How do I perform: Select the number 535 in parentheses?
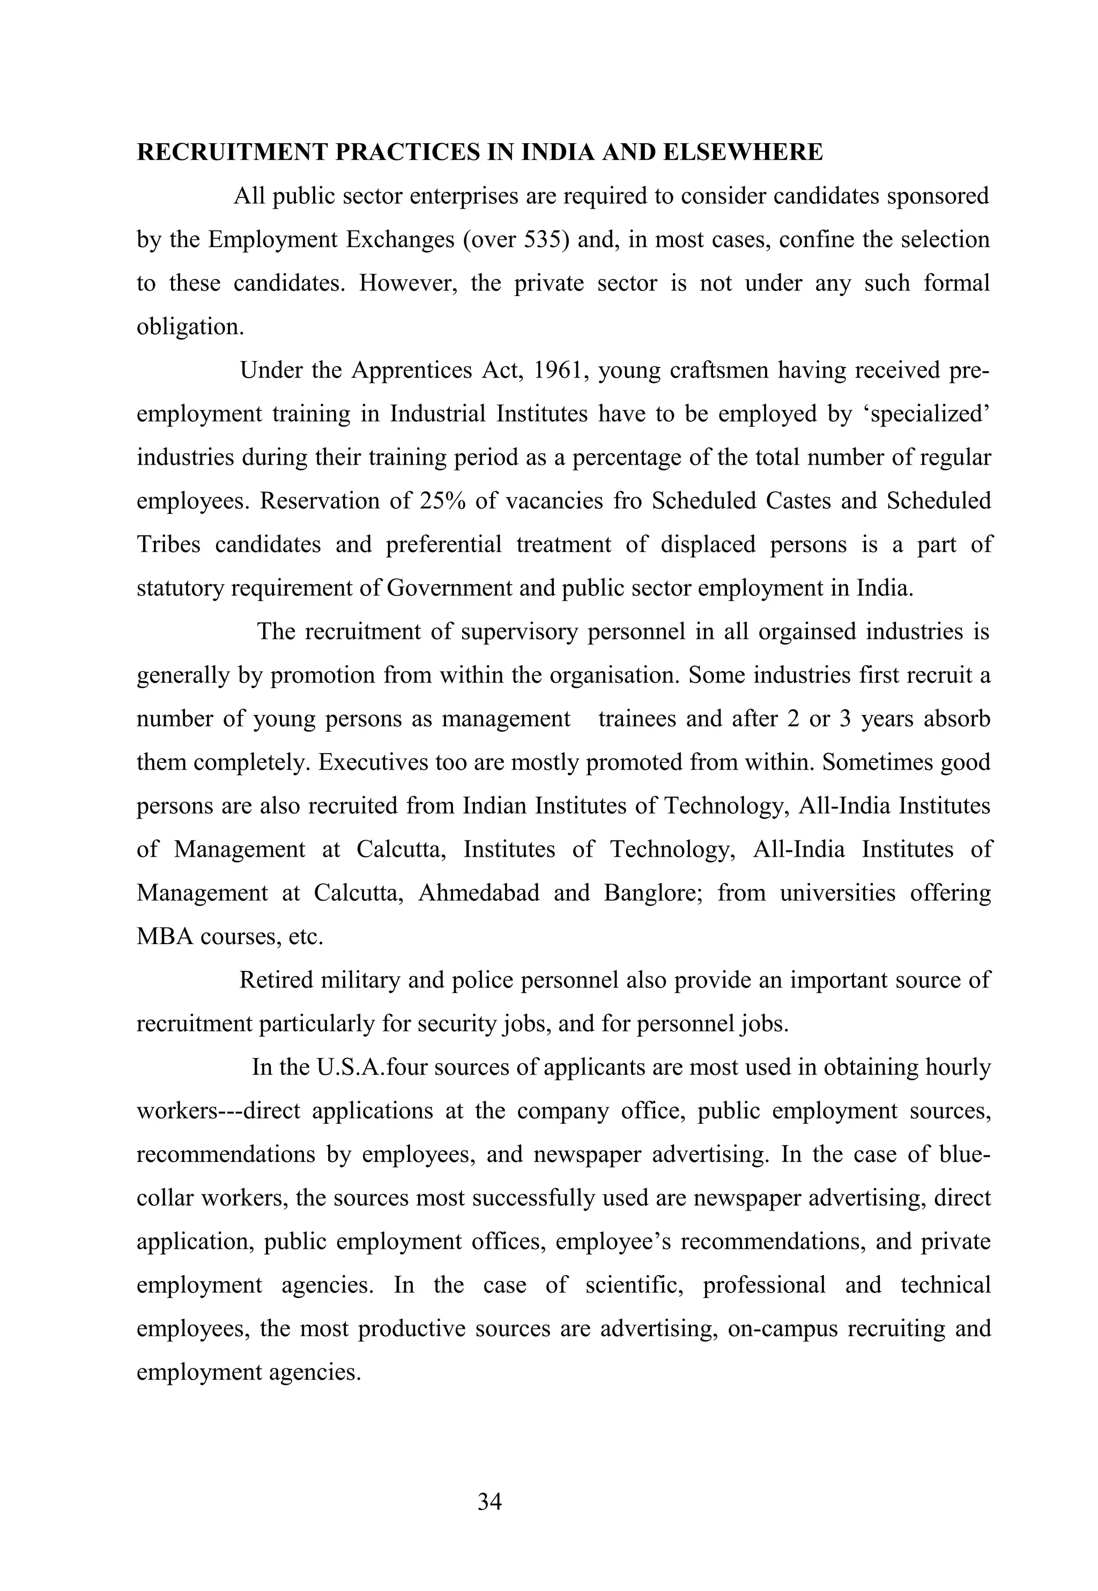[546, 239]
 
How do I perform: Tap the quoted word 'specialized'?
[926, 414]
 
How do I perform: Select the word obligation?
[190, 327]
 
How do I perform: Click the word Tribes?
[168, 544]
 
